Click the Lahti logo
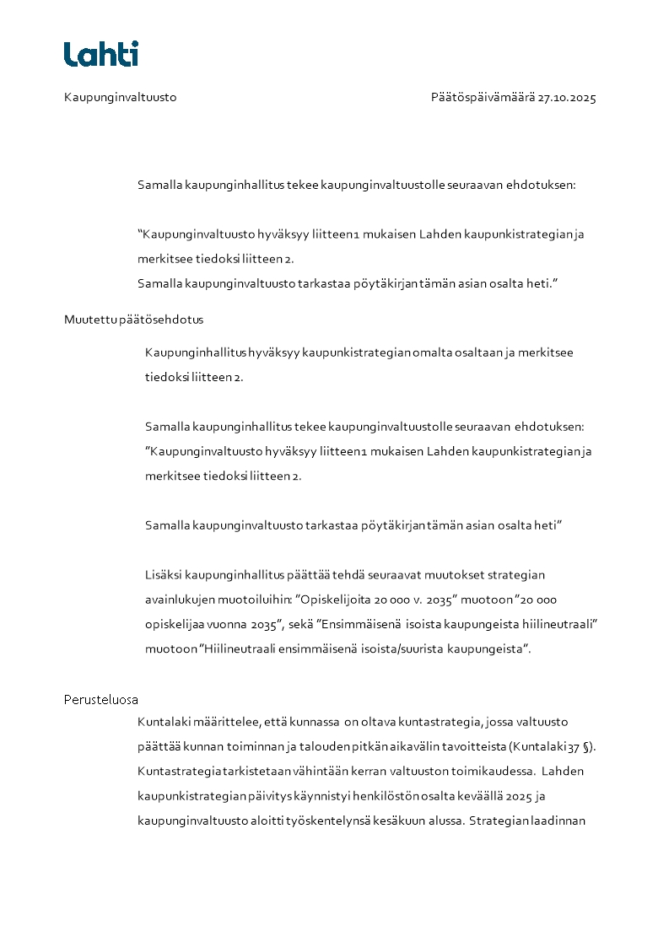point(100,54)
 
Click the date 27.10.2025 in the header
point(567,98)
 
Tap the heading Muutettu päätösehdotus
point(133,320)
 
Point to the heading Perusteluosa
point(101,700)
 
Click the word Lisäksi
point(163,575)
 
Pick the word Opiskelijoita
point(333,600)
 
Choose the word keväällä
point(483,795)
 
